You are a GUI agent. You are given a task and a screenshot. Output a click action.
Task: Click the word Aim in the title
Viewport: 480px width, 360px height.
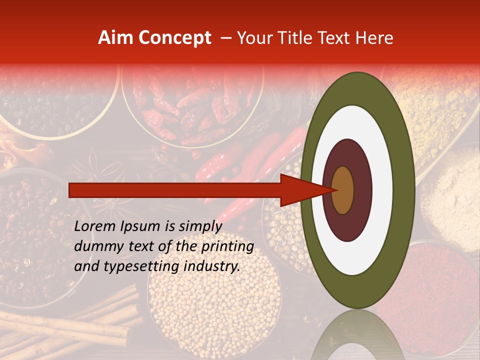coord(115,38)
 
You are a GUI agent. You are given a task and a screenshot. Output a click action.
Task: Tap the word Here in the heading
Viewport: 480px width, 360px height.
coord(376,38)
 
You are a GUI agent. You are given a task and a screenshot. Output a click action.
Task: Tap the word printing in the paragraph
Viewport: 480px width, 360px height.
coord(227,246)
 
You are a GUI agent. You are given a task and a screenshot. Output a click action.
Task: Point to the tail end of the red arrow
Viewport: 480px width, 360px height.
coord(72,190)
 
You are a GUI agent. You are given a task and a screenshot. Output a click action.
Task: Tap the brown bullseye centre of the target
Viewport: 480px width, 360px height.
coord(342,190)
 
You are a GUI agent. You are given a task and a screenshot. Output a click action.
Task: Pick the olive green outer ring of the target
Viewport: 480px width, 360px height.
coord(405,190)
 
